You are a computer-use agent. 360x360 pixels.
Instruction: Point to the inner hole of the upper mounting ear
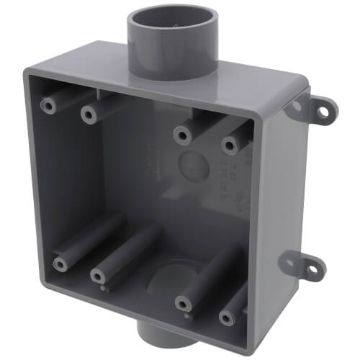tap(295, 106)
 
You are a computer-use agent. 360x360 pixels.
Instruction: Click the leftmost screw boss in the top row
tap(50, 105)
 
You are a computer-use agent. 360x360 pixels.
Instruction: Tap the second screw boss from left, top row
tap(89, 114)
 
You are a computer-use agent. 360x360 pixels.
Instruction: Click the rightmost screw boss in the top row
tap(229, 145)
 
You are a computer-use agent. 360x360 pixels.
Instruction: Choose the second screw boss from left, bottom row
tap(97, 275)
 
